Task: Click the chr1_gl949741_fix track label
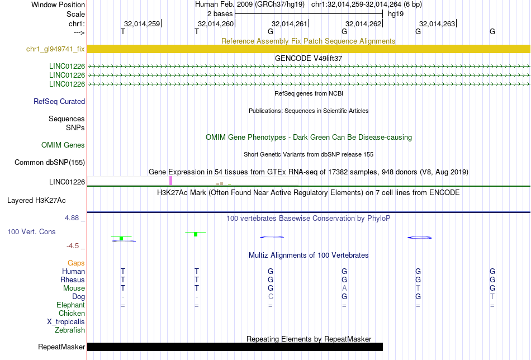point(55,49)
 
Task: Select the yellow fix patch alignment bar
point(309,49)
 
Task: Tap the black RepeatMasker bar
point(235,347)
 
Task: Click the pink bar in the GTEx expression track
point(170,181)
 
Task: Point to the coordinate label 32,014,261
point(289,23)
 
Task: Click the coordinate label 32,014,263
point(437,23)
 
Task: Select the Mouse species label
point(74,288)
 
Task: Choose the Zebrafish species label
point(70,330)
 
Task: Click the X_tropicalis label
point(66,322)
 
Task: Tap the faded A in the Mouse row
point(344,288)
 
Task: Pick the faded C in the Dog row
point(270,297)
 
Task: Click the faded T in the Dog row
point(492,297)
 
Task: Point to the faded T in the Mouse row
point(418,288)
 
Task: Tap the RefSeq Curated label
point(59,101)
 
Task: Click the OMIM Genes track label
point(63,145)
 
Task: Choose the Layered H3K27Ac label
point(36,201)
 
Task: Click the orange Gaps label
point(76,263)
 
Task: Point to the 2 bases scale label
point(220,14)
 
